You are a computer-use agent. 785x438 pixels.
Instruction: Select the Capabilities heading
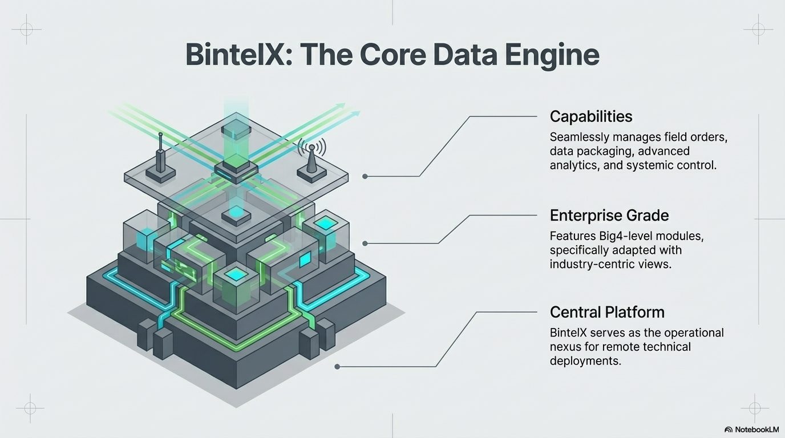tap(591, 117)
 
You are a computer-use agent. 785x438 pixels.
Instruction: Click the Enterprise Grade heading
tap(609, 216)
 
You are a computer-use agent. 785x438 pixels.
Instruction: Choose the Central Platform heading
tap(607, 313)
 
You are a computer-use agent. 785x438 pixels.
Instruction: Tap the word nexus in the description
tap(566, 347)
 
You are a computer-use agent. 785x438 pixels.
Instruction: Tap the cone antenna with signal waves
tap(312, 162)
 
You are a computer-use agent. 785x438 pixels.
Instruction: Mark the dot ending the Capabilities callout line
tap(365, 176)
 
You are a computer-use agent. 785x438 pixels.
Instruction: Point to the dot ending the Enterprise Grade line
tap(365, 243)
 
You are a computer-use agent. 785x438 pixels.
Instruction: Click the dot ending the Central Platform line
tap(337, 367)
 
